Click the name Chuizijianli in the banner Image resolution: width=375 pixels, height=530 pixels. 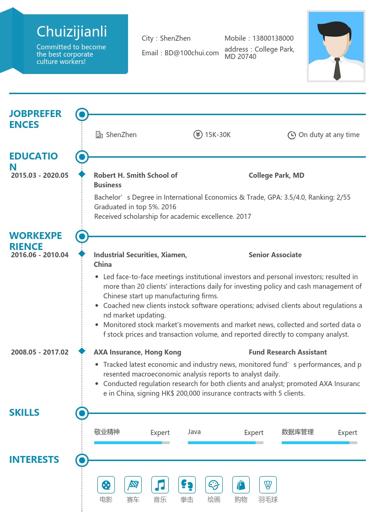coord(72,32)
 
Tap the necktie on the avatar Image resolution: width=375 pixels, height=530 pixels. coord(337,69)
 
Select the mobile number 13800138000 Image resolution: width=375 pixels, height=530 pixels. coord(273,38)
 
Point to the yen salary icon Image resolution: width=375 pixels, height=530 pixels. coord(198,135)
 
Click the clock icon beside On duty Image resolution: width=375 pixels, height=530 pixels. coord(291,135)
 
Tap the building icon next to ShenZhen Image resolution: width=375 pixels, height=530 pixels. coord(99,135)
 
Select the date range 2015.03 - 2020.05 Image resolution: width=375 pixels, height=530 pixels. coord(40,175)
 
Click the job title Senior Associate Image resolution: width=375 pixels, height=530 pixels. coord(275,255)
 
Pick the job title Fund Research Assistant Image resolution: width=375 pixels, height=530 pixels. coord(288,352)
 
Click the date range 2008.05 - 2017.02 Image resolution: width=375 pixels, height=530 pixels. coord(40,352)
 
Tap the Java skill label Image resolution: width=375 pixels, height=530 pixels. coord(194,432)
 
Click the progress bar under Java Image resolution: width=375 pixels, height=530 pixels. coord(225,443)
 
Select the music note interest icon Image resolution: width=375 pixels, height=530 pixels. coord(160,485)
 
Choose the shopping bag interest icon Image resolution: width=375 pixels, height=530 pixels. coord(241,485)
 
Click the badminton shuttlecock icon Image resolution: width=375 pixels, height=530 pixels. coord(268,485)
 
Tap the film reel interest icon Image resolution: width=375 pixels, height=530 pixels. coord(106,485)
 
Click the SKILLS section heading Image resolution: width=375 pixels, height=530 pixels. coord(24,413)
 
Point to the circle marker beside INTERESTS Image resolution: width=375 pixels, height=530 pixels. coord(82,460)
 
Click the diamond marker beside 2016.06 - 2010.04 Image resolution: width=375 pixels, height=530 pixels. coord(82,254)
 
